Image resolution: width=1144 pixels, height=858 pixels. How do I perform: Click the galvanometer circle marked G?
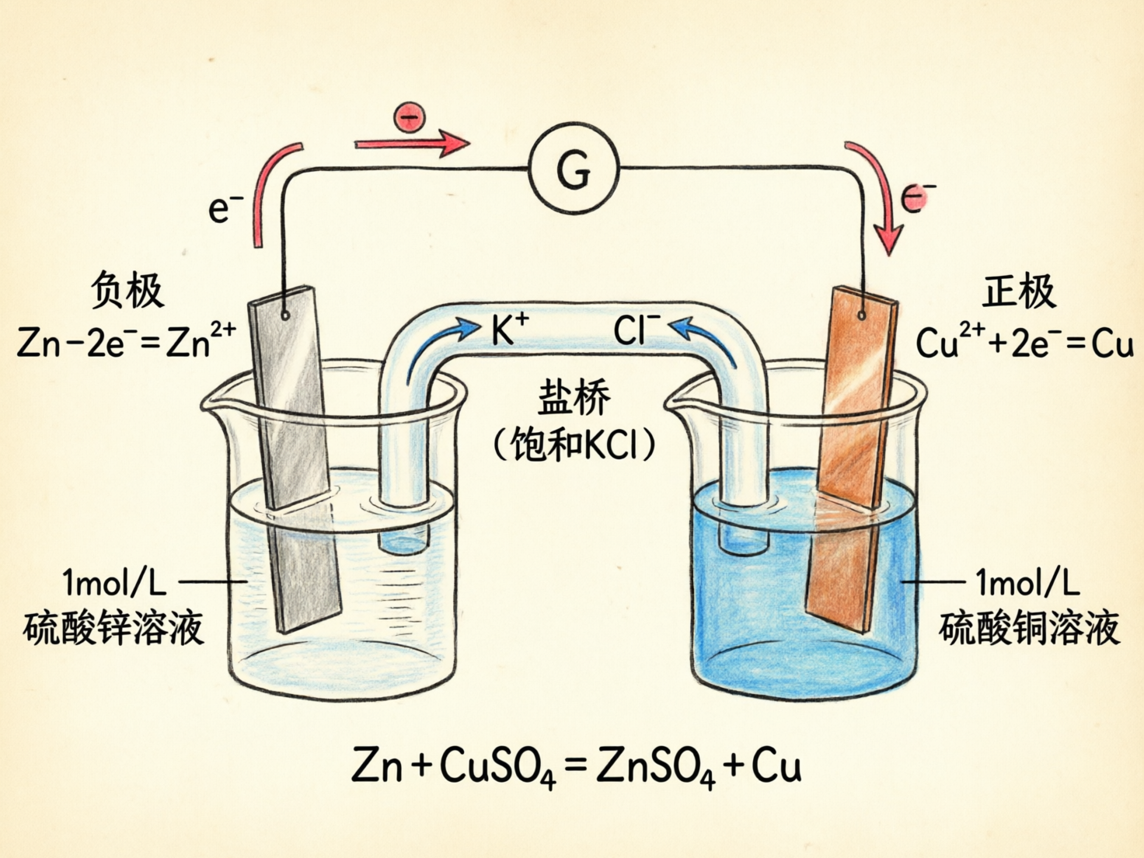[x=574, y=168]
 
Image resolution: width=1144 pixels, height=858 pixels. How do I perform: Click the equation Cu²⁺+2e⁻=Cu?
[x=1024, y=342]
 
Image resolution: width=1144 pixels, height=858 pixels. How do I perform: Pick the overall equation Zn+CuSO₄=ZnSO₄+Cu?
[x=576, y=766]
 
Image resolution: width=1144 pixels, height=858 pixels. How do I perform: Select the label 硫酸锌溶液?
[x=113, y=628]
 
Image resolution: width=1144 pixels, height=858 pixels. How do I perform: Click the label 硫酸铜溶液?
[x=1029, y=628]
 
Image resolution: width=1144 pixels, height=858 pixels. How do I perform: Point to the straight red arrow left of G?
[x=412, y=144]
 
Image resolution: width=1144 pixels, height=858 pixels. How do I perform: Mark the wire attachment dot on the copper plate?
[x=862, y=316]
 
